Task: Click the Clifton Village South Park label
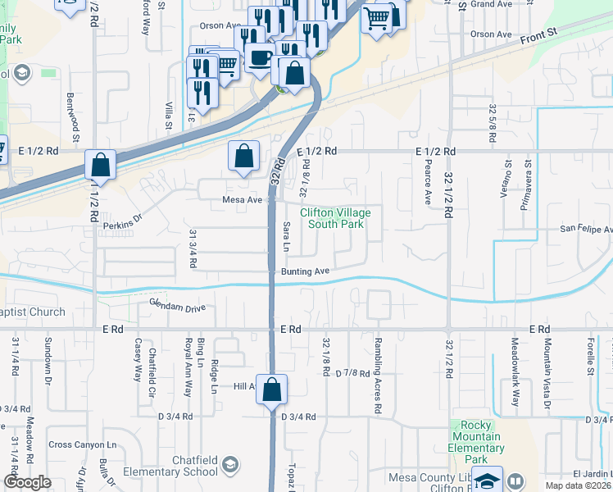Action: [334, 218]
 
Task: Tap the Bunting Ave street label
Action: [305, 271]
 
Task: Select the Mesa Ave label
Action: [242, 200]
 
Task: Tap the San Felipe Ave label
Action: [585, 230]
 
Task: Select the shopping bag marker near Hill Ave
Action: [272, 390]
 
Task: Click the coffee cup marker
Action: [261, 58]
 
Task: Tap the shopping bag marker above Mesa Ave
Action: [244, 156]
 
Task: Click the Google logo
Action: [27, 482]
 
